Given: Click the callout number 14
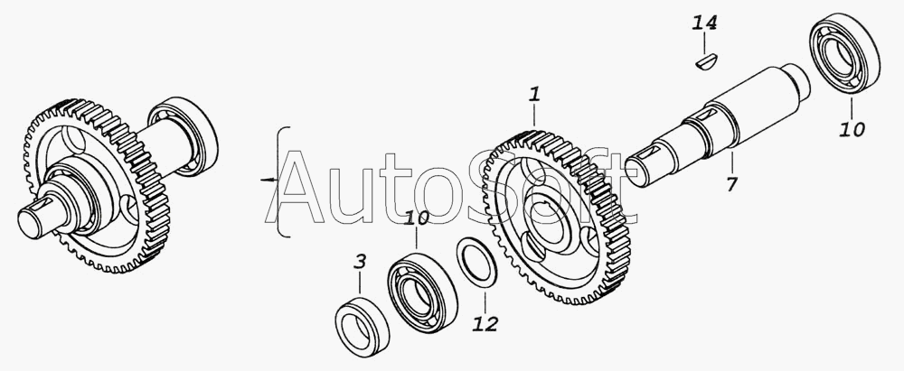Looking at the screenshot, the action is click(x=704, y=23).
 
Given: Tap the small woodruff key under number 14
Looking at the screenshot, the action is click(x=706, y=61).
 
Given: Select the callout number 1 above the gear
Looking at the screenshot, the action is click(x=535, y=95).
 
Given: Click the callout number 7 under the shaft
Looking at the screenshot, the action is click(x=731, y=184).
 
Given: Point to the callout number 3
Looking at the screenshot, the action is click(x=359, y=262).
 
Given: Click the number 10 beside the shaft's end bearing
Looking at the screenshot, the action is click(x=852, y=130).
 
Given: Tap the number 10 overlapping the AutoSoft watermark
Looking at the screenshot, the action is click(x=417, y=219).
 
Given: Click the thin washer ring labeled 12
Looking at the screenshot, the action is click(x=476, y=262).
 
